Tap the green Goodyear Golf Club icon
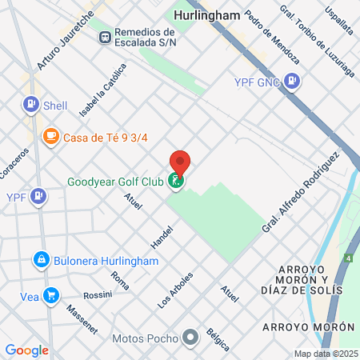pyautogui.click(x=176, y=182)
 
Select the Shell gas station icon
pyautogui.click(x=31, y=104)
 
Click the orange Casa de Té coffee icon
pyautogui.click(x=51, y=137)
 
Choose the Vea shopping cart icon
pyautogui.click(x=51, y=296)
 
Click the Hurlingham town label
pyautogui.click(x=206, y=14)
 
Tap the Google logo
pyautogui.click(x=26, y=350)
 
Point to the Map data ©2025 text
pyautogui.click(x=325, y=354)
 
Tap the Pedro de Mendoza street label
pyautogui.click(x=272, y=38)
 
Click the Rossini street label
pyautogui.click(x=98, y=294)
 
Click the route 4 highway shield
pyautogui.click(x=348, y=258)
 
